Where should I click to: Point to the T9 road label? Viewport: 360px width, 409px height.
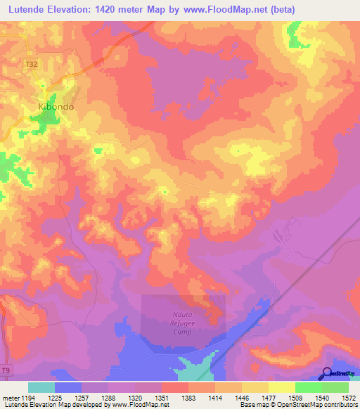[6, 370]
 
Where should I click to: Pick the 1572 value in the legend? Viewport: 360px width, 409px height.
[349, 398]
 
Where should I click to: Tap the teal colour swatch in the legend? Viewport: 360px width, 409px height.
[41, 387]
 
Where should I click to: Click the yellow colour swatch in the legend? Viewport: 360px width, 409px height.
[281, 387]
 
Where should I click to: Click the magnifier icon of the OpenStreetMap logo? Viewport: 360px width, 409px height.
[328, 373]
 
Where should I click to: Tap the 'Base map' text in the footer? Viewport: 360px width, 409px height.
[254, 405]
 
